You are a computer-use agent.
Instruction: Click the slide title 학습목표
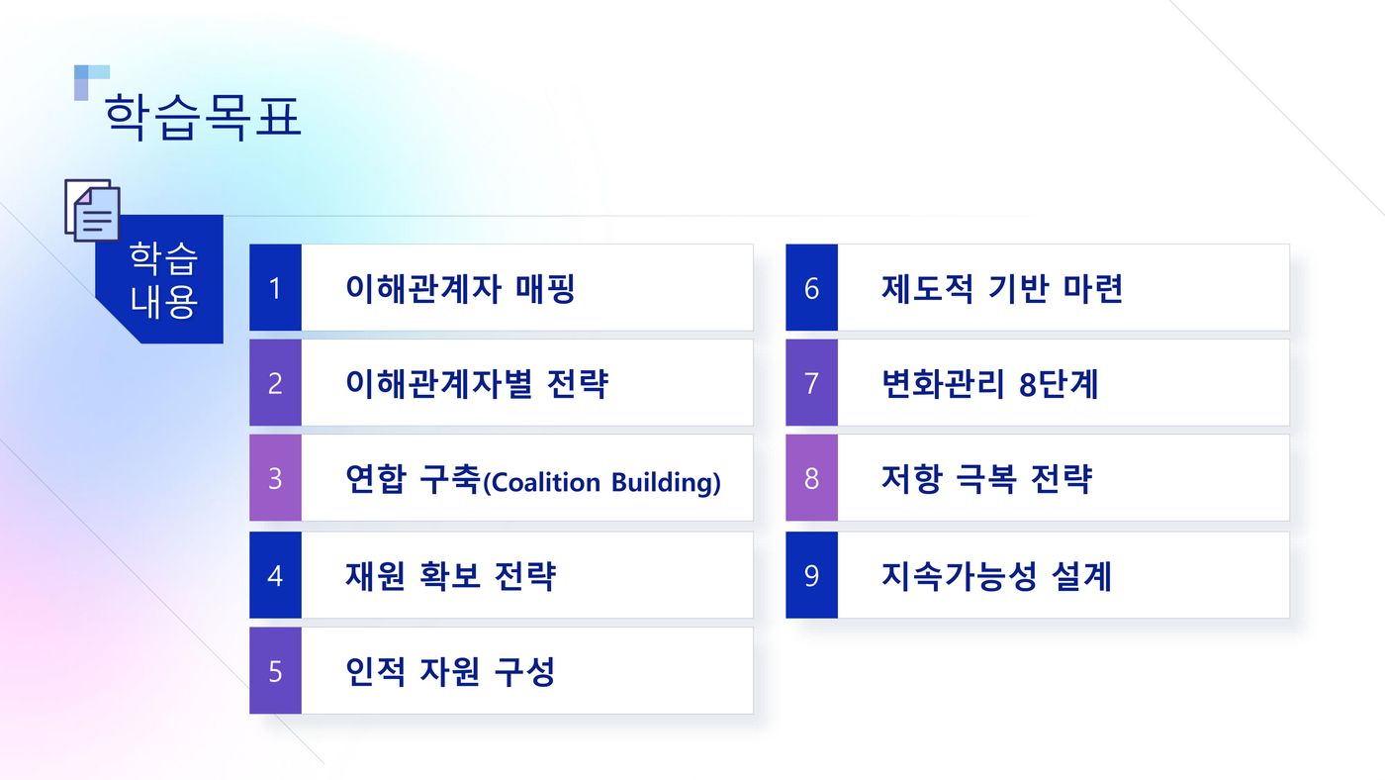(x=203, y=117)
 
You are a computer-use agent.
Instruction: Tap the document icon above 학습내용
(x=92, y=210)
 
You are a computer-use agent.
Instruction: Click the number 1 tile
(x=275, y=288)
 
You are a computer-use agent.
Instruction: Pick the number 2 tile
(x=275, y=382)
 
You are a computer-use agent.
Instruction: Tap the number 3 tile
(x=275, y=477)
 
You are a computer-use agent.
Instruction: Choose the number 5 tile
(x=275, y=671)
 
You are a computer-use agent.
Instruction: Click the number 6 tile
(x=812, y=288)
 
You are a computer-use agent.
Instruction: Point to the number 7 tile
(x=812, y=382)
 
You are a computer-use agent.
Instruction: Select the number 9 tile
(x=812, y=575)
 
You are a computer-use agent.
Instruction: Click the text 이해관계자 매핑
(x=461, y=288)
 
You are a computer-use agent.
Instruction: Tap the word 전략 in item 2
(x=578, y=383)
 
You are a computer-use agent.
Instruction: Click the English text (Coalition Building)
(x=601, y=482)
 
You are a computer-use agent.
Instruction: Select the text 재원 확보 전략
(x=451, y=576)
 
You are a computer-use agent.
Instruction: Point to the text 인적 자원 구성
(x=450, y=672)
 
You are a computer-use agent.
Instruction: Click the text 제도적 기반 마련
(x=1002, y=288)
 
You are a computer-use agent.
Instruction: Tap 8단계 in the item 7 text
(x=1059, y=383)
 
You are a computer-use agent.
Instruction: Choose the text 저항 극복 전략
(x=987, y=479)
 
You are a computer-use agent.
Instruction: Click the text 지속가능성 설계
(x=997, y=576)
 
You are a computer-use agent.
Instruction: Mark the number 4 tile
(x=275, y=575)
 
